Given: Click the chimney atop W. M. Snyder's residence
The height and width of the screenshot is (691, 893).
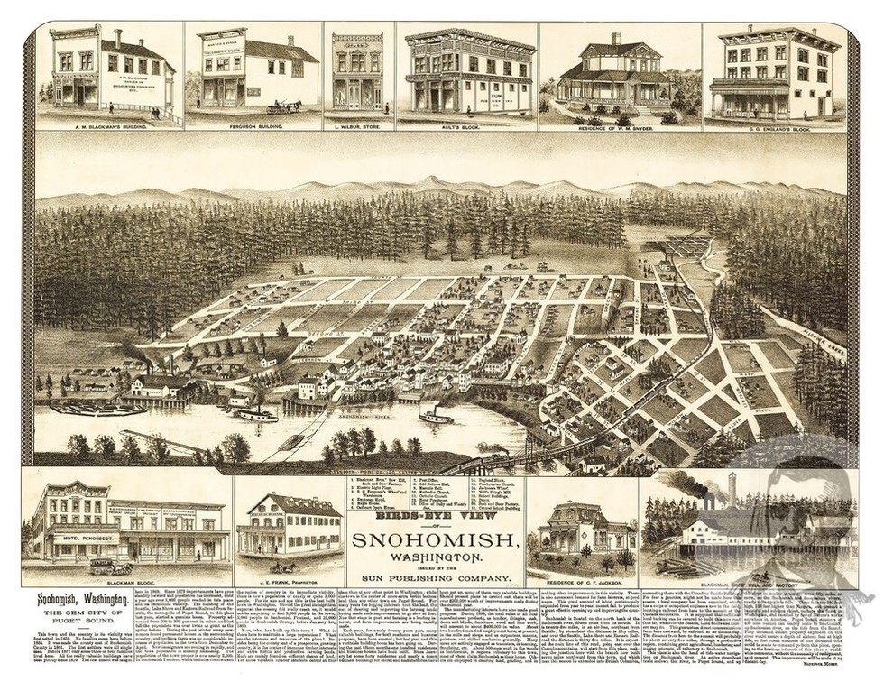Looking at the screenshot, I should [615, 39].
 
